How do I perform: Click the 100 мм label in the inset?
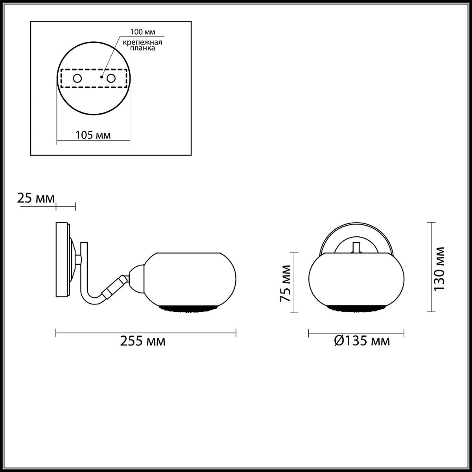coord(142,32)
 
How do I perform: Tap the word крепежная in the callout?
coord(142,42)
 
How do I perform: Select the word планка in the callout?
coord(142,48)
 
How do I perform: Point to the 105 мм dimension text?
coord(93,135)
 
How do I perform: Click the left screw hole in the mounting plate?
coord(77,78)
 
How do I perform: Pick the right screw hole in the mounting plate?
coord(111,78)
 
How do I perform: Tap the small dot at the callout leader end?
coord(101,77)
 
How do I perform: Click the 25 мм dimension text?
coord(36,198)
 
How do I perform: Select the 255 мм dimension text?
coord(143,341)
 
